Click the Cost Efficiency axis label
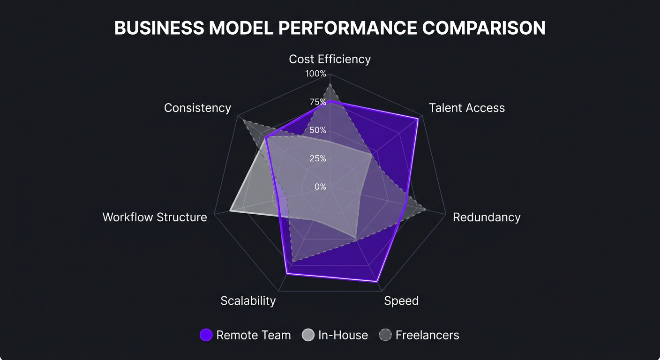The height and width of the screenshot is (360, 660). pos(330,59)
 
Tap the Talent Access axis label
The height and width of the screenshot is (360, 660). pos(466,108)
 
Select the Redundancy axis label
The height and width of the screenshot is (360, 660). pos(486,217)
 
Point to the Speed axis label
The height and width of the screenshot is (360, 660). pos(401,300)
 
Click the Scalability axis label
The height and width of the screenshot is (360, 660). pos(248,300)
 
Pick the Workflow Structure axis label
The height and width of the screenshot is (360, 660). pos(155,217)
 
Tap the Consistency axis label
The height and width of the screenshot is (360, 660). pos(197,108)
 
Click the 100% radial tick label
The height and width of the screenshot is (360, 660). pos(315,74)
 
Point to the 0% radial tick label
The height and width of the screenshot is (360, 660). pos(320,187)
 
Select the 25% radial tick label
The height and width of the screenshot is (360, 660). pos(317,158)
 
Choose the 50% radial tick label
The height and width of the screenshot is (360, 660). pos(317,130)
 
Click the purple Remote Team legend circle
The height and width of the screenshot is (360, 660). pos(206,335)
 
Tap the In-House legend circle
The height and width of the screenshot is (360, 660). pos(308,335)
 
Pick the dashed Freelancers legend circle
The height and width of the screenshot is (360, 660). pos(385,335)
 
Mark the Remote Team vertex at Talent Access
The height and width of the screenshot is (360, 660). pos(417,119)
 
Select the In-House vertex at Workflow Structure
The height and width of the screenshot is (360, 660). pos(230,211)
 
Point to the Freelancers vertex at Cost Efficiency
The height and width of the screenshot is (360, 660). pos(330,84)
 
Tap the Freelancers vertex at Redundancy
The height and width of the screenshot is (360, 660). pos(425,209)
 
